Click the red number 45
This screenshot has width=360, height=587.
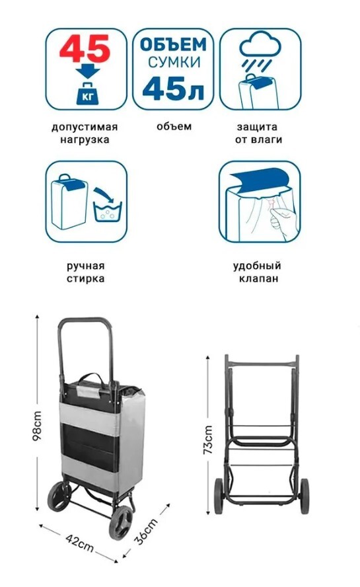[85, 49]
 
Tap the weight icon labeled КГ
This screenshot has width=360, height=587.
[87, 94]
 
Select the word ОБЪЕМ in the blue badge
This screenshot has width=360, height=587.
[173, 44]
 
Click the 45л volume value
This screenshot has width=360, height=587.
[173, 89]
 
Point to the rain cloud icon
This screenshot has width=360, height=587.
[260, 44]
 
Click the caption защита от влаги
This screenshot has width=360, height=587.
[258, 134]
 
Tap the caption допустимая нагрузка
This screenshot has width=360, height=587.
[85, 134]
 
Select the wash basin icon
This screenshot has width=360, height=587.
[108, 212]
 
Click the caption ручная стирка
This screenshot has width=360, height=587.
[86, 272]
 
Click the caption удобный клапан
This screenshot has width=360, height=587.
[258, 272]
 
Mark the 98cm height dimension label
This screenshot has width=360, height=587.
[37, 426]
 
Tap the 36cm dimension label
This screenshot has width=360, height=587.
[147, 531]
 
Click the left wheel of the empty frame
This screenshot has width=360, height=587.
[219, 496]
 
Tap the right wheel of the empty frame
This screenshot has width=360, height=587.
[305, 496]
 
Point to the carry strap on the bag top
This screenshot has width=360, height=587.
[92, 379]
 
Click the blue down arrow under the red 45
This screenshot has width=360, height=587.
[88, 70]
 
